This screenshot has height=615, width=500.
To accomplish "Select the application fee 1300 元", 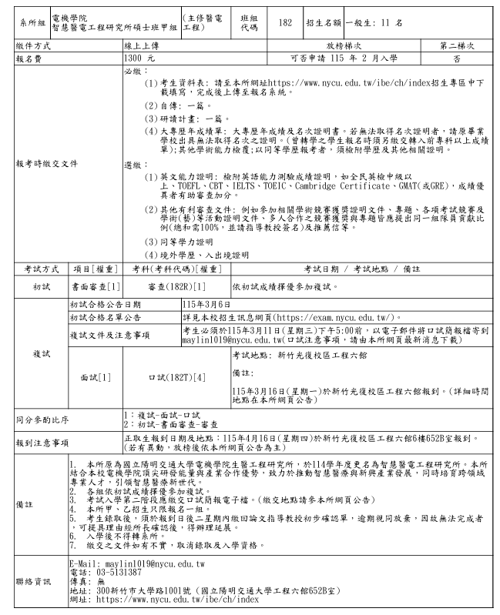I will [x=139, y=57].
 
